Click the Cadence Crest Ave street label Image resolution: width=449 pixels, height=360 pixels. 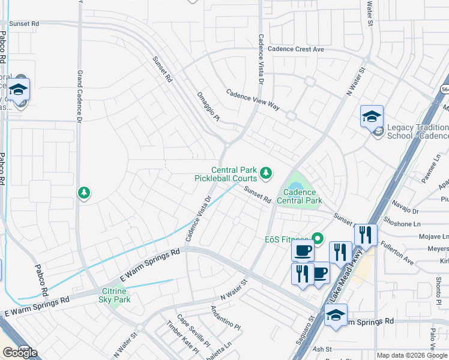pyautogui.click(x=296, y=49)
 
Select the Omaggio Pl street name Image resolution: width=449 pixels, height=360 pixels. pyautogui.click(x=208, y=106)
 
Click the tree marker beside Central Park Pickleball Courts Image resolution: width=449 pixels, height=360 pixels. pyautogui.click(x=266, y=174)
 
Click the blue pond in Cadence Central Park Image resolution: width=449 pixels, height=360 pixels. pyautogui.click(x=296, y=180)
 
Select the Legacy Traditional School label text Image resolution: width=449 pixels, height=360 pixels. pyautogui.click(x=417, y=131)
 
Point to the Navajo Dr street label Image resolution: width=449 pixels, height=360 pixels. pyautogui.click(x=406, y=210)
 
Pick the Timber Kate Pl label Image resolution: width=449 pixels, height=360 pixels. pyautogui.click(x=182, y=339)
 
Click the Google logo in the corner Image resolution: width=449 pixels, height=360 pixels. pyautogui.click(x=20, y=353)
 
